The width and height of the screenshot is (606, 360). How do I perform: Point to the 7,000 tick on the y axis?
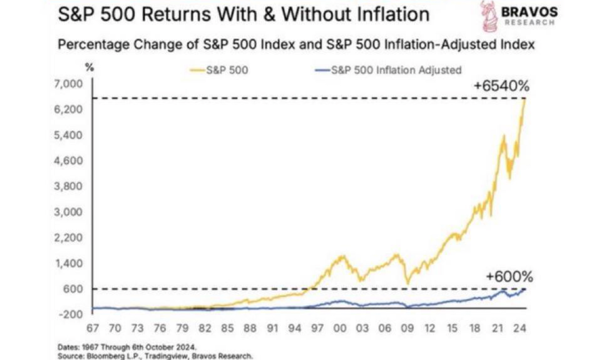tap(70, 84)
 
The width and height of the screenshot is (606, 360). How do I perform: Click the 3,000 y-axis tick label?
tap(70, 212)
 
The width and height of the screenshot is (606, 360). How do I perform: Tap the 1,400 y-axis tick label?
tap(70, 263)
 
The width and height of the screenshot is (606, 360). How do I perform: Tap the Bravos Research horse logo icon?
tap(488, 17)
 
